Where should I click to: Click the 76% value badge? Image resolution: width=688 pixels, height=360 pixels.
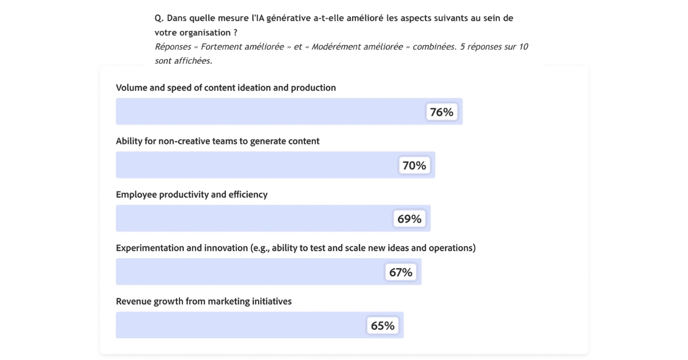tap(441, 112)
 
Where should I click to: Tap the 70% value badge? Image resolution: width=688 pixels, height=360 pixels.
tap(414, 165)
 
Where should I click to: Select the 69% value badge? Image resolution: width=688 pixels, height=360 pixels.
tap(409, 218)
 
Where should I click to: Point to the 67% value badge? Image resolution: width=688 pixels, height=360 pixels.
tap(401, 272)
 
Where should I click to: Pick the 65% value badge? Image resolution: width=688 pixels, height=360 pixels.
tap(382, 325)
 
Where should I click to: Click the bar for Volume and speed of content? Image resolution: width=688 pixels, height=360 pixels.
tap(269, 112)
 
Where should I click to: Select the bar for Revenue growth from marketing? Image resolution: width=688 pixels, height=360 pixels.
tap(241, 325)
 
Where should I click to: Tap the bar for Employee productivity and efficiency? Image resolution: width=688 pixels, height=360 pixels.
tap(252, 218)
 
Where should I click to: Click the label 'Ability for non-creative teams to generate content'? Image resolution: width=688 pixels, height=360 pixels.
tap(217, 141)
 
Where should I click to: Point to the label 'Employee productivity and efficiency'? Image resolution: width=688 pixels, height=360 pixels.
tap(191, 194)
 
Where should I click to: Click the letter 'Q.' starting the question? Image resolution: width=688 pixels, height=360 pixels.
tap(159, 18)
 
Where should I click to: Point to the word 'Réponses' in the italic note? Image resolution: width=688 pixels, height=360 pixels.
tap(173, 46)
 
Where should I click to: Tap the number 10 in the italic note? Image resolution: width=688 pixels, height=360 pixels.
tap(523, 46)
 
